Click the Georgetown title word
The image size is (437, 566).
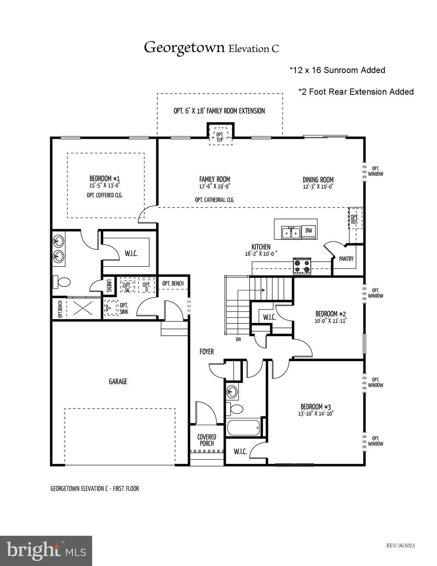(184, 48)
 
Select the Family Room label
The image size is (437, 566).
(214, 179)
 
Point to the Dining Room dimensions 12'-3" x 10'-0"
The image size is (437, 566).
(318, 187)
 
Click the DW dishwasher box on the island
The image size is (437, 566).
(309, 231)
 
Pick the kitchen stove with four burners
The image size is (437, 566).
(302, 267)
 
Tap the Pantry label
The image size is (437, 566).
(346, 259)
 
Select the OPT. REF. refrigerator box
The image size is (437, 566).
(355, 219)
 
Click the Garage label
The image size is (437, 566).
(118, 381)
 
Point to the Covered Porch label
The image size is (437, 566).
(207, 440)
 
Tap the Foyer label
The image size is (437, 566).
(206, 352)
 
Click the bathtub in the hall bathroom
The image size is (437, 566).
(243, 428)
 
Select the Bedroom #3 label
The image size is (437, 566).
(316, 406)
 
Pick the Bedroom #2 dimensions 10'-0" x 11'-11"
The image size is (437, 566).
(330, 321)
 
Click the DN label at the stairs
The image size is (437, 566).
(238, 339)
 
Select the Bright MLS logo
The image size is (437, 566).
(46, 551)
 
